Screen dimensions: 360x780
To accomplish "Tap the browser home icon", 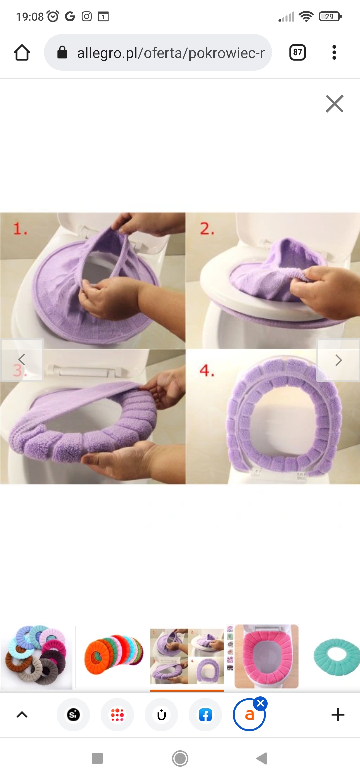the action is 22,52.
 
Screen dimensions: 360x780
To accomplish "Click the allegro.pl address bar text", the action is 171,53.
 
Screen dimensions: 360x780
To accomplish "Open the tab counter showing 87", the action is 298,52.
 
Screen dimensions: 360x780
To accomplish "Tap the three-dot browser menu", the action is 334,52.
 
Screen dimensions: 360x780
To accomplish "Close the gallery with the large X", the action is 335,104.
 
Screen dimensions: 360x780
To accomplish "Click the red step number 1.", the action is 20,229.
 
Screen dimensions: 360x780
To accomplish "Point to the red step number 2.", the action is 207,229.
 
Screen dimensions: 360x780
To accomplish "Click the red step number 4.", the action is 207,370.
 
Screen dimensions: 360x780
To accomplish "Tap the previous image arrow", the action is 22,360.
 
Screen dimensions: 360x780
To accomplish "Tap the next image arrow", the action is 338,360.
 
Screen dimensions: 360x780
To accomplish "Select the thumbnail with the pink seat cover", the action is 266,656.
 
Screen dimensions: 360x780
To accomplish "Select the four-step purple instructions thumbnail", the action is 187,656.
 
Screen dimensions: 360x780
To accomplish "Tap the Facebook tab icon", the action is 205,715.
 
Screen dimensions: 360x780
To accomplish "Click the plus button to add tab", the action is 338,715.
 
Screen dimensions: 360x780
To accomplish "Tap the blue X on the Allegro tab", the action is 261,703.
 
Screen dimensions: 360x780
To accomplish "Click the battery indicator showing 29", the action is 330,16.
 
